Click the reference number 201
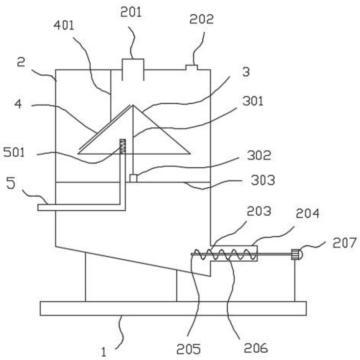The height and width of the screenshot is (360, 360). [x=131, y=12]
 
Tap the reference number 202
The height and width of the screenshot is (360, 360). [x=201, y=19]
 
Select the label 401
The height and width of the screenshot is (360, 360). [x=64, y=25]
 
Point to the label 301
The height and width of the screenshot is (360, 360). [x=253, y=101]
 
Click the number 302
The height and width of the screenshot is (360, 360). [x=259, y=155]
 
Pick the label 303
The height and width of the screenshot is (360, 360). [x=263, y=180]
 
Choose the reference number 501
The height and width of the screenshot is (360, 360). [x=14, y=152]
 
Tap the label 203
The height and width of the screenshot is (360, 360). [x=259, y=211]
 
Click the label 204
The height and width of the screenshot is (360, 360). [x=308, y=213]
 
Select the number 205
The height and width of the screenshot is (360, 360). [x=189, y=349]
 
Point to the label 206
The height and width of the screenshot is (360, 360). [x=256, y=348]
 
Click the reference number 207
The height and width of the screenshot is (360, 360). [x=345, y=243]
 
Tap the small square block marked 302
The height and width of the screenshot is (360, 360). [x=133, y=179]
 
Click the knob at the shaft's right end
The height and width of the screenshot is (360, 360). [x=297, y=254]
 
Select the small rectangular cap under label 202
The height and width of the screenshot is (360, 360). [x=192, y=67]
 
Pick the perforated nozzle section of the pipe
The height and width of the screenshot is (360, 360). [x=122, y=146]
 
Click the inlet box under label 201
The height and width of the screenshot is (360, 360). [x=133, y=69]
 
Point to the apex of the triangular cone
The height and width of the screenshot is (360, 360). [x=133, y=105]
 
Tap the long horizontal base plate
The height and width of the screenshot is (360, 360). [x=173, y=308]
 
